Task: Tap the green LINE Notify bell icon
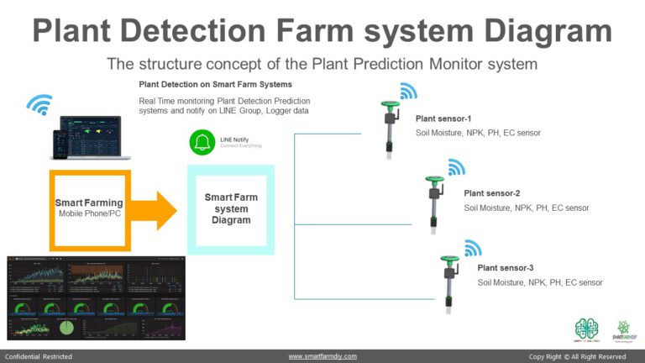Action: [x=202, y=142]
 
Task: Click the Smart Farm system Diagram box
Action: [x=228, y=208]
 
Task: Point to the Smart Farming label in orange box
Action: [x=89, y=203]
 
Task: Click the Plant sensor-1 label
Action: [x=443, y=118]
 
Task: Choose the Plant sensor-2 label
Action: [x=492, y=193]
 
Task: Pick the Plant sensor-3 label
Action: [x=506, y=268]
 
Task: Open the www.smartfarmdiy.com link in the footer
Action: [x=322, y=356]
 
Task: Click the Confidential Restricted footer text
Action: [x=39, y=356]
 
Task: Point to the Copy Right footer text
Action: [x=578, y=356]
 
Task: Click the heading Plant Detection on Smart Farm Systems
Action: [x=214, y=85]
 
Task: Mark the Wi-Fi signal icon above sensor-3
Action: [x=473, y=248]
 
